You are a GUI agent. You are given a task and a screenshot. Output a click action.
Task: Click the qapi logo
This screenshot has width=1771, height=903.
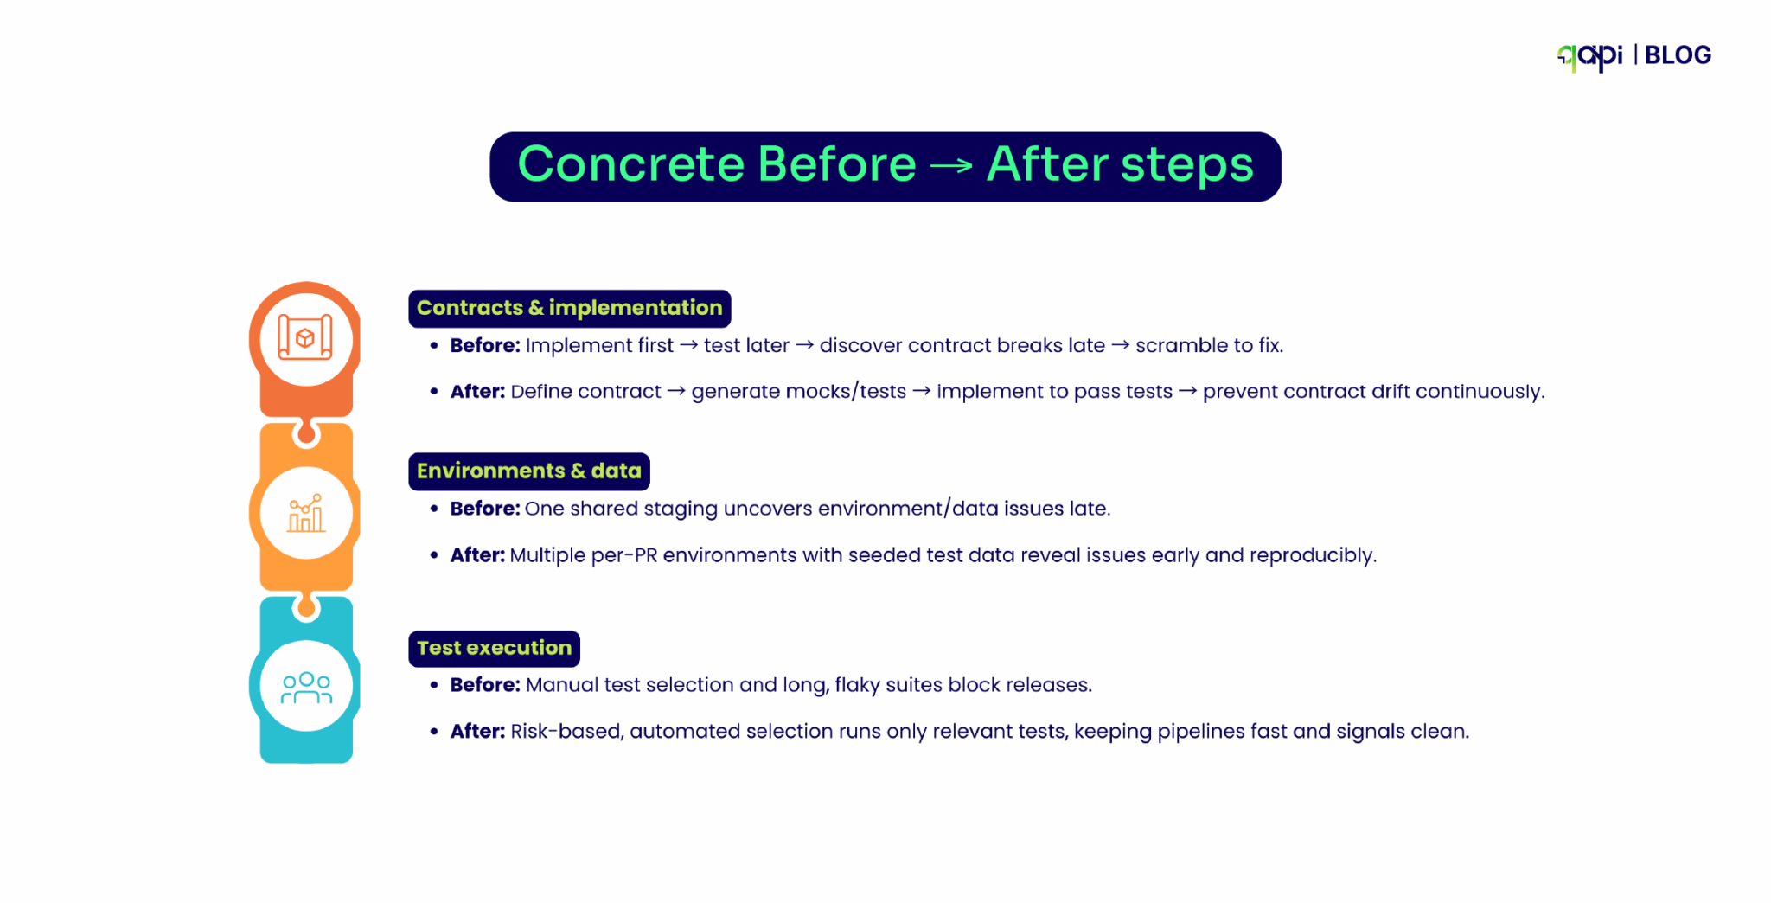point(1589,56)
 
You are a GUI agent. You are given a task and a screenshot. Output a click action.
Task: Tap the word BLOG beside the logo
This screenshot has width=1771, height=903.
point(1678,55)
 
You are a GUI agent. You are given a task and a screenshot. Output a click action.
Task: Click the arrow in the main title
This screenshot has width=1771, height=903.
point(951,164)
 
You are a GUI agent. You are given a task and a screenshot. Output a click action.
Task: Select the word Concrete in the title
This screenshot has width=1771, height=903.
point(630,164)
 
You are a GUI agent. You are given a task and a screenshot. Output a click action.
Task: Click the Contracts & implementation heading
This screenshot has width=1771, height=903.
point(569,308)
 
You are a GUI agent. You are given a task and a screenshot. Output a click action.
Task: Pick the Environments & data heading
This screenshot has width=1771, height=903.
point(528,471)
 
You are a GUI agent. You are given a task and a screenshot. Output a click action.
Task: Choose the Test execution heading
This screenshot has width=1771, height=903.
point(494,648)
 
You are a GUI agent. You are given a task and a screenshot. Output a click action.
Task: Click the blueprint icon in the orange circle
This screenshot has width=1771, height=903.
point(305,337)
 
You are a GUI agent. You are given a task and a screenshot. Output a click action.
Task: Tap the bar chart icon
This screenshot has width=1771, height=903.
point(306,513)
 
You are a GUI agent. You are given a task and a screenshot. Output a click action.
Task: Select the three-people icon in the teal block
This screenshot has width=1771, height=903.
point(306,688)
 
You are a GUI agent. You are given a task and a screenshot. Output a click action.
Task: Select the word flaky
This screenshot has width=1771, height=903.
point(857,685)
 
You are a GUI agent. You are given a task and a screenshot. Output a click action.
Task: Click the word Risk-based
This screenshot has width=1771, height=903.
point(566,732)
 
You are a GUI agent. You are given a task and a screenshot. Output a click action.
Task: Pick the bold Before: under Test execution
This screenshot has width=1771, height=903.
point(485,685)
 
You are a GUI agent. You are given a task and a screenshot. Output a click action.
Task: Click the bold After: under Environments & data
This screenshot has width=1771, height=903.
point(477,555)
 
